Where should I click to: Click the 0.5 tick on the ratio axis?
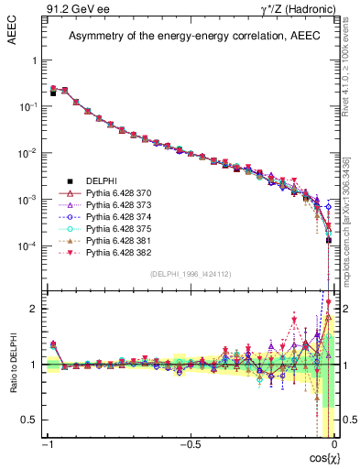tap(31, 420)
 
